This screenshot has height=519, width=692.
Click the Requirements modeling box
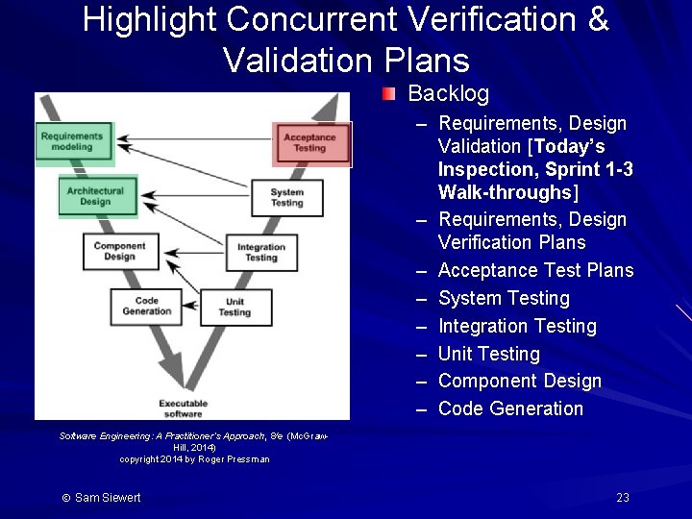pos(72,142)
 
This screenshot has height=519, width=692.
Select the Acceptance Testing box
pos(309,142)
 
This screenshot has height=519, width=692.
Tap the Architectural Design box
pos(95,195)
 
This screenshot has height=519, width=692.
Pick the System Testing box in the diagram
pos(286,197)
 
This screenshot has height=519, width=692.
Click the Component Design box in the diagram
pos(119,251)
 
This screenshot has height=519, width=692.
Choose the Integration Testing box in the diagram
pos(260,252)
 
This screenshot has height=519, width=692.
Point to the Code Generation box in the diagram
pos(147,306)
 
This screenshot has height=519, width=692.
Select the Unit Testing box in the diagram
pos(234,307)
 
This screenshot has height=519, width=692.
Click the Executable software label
pos(181,408)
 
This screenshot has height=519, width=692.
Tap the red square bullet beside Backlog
pos(387,94)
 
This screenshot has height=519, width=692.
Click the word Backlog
pos(448,94)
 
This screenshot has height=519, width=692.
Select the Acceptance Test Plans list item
pos(535,270)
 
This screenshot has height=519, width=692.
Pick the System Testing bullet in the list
pos(504,298)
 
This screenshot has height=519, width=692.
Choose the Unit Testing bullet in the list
pos(488,354)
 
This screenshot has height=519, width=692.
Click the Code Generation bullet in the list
pos(510,408)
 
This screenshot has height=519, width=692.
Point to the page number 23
pos(623,497)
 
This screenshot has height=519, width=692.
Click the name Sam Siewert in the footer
pos(108,497)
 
